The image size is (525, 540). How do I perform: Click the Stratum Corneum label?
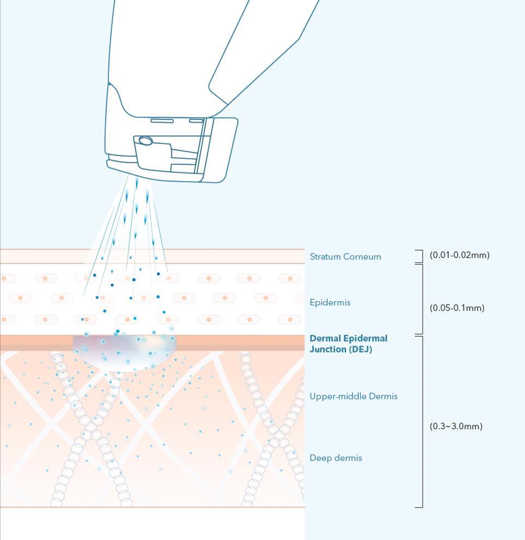[x=345, y=256]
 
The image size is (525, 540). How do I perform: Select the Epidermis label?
[x=330, y=302]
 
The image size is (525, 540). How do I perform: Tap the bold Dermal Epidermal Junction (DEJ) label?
[x=348, y=344]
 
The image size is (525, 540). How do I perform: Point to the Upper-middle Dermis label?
[x=353, y=396]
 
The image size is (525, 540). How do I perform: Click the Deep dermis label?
[x=335, y=458]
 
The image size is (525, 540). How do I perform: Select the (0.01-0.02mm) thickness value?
[x=460, y=255]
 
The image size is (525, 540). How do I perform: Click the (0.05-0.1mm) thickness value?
[x=457, y=308]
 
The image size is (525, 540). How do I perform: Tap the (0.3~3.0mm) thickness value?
[x=456, y=426]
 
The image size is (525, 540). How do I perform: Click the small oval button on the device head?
[x=146, y=141]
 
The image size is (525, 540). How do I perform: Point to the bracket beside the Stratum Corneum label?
[x=420, y=256]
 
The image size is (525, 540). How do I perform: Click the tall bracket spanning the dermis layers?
[x=421, y=421]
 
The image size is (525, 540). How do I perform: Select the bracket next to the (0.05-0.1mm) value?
[x=421, y=299]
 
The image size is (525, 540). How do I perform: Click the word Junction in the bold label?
[x=327, y=349]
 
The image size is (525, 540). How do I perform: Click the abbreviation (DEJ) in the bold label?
[x=360, y=349]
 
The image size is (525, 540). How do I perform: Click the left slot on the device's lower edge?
[x=162, y=121]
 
